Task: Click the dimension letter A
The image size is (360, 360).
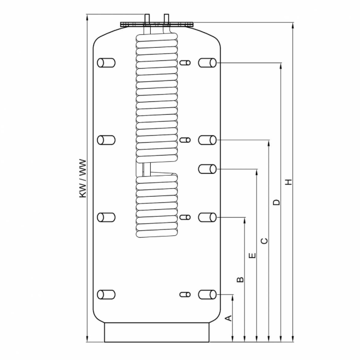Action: tap(229, 318)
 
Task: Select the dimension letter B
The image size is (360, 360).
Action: tap(240, 280)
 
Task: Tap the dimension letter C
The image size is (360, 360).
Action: tap(265, 241)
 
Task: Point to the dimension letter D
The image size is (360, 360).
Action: tap(277, 202)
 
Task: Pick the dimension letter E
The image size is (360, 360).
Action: tap(253, 255)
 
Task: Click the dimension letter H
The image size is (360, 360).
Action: tap(289, 182)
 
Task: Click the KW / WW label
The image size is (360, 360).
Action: tap(83, 178)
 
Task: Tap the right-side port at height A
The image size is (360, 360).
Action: tap(207, 295)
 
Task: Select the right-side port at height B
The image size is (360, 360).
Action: tap(207, 217)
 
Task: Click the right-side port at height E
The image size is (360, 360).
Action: tap(207, 169)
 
